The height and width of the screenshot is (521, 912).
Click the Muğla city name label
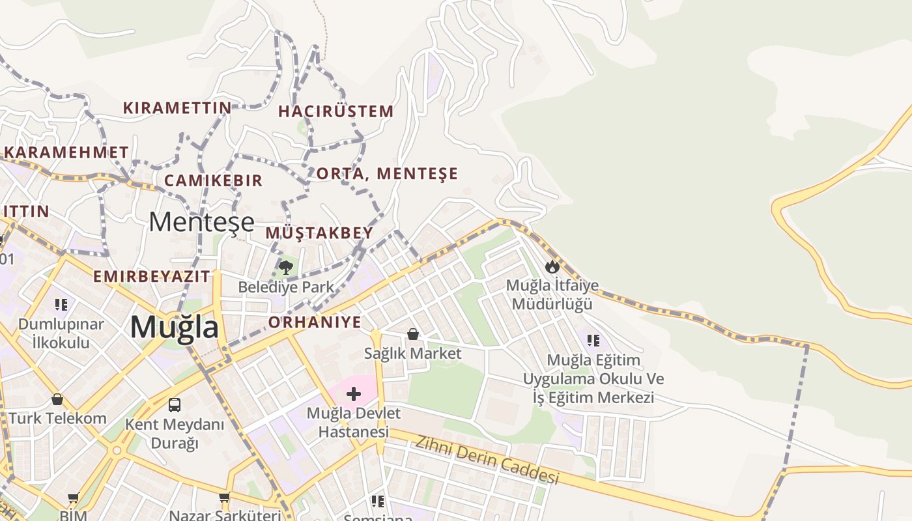[x=174, y=327]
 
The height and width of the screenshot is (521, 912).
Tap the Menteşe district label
[x=201, y=222]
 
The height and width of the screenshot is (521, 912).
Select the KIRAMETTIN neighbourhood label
[x=177, y=107]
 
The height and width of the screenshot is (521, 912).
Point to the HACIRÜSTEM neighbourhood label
[x=336, y=111]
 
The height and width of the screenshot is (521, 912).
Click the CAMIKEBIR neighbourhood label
[x=213, y=180]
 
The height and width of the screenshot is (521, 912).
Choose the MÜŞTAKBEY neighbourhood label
[x=319, y=232]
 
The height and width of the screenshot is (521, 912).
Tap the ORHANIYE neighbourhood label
[x=315, y=322]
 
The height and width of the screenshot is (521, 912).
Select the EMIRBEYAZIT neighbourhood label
[x=152, y=276]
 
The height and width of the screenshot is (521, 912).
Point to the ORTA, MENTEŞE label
[x=387, y=174]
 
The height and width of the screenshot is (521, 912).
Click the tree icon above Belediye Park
[x=285, y=267]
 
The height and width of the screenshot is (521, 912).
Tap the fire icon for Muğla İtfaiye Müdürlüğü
[x=552, y=266]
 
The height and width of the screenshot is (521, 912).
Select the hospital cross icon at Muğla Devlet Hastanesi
[x=354, y=394]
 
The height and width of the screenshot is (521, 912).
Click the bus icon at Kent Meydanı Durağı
[x=175, y=405]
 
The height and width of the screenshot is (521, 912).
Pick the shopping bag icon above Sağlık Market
[x=412, y=335]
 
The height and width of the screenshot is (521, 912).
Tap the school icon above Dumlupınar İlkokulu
[x=61, y=304]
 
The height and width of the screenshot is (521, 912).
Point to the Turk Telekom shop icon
[x=57, y=399]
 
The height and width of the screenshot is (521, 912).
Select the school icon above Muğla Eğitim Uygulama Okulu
[x=593, y=340]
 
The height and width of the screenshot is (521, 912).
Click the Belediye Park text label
[x=285, y=287]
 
